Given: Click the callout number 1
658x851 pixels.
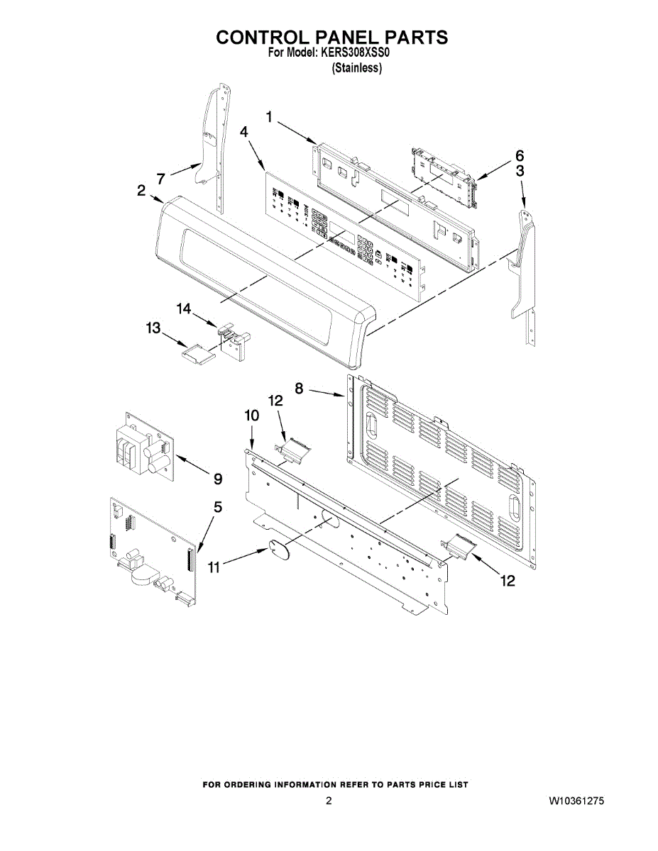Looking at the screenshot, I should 270,117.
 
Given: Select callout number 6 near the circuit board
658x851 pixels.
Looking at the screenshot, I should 520,155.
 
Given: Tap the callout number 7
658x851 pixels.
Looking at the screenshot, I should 161,177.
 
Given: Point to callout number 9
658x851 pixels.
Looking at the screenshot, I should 218,479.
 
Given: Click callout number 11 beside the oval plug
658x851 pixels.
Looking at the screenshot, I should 214,567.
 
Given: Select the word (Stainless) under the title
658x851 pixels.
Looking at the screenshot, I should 357,68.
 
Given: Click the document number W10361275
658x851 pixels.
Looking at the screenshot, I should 576,801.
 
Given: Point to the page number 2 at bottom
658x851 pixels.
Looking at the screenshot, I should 329,801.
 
